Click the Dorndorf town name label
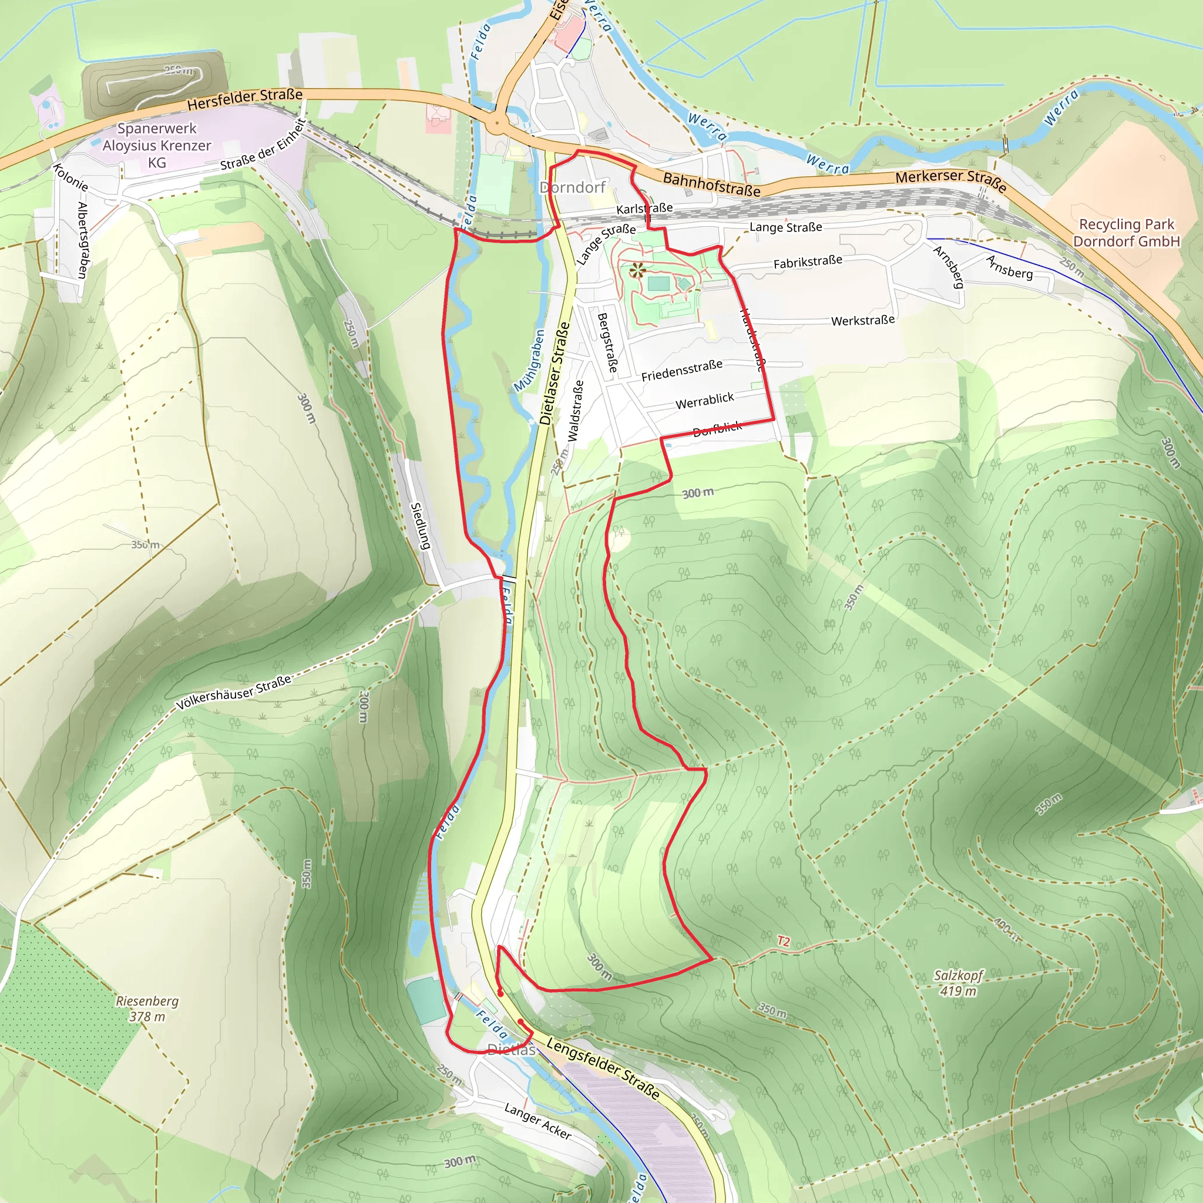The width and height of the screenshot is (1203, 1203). (572, 187)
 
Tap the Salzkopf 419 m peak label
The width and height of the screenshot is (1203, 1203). (957, 983)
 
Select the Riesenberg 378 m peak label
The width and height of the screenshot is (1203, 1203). (147, 1009)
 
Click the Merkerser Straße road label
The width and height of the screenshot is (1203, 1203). (950, 179)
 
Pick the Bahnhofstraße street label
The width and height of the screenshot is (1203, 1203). (711, 184)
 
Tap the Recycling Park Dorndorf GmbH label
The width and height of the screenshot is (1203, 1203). (1126, 233)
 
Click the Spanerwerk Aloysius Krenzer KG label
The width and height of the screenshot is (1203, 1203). (157, 146)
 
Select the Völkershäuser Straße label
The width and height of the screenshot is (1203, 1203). (234, 693)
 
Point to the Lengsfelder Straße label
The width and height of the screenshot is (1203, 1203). (602, 1068)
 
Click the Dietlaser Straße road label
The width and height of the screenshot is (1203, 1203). (555, 374)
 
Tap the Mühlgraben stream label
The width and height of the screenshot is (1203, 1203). (529, 361)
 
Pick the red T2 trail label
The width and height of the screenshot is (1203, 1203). (784, 942)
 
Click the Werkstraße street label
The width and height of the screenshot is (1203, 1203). (862, 321)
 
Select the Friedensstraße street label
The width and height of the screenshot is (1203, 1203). (682, 370)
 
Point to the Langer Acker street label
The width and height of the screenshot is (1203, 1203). (537, 1121)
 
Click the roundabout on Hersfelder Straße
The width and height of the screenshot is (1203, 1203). (496, 123)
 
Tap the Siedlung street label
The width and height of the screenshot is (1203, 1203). (421, 526)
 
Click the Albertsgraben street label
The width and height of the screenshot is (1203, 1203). (82, 240)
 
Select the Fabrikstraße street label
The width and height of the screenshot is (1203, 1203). (808, 262)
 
